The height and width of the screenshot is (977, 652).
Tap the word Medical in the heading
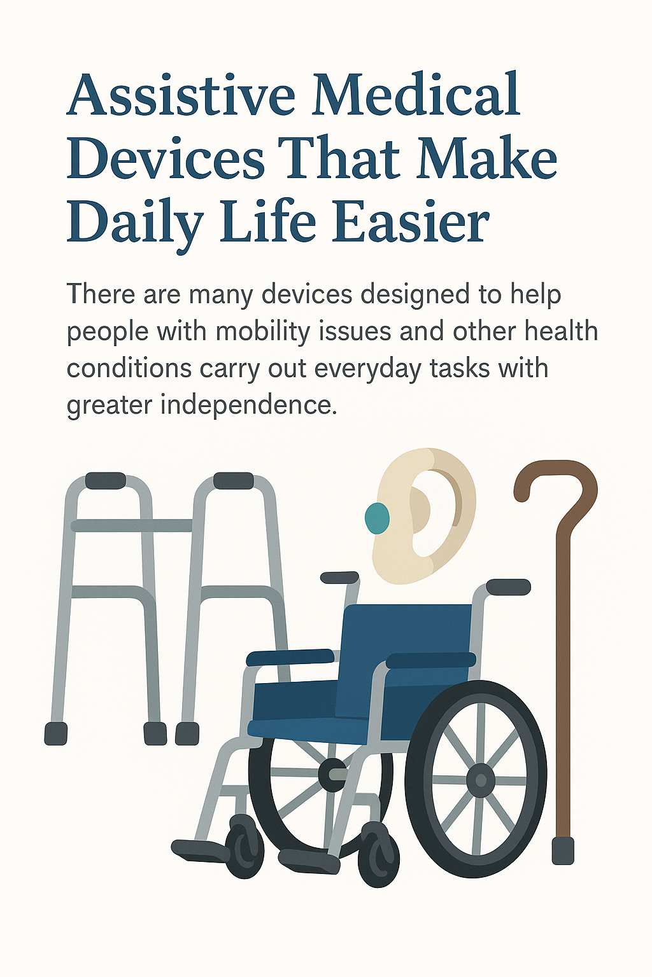point(417,95)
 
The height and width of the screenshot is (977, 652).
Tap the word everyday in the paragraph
point(368,368)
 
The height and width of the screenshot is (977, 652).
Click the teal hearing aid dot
point(377,518)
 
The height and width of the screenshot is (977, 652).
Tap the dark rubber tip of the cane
point(563,850)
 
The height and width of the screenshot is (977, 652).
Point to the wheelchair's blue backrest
point(407,642)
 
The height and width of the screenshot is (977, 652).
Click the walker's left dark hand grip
point(106,480)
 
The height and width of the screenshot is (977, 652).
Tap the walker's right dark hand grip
point(234,480)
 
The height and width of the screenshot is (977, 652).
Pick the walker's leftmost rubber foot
point(56,733)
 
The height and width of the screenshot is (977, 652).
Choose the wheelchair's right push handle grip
point(508,586)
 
